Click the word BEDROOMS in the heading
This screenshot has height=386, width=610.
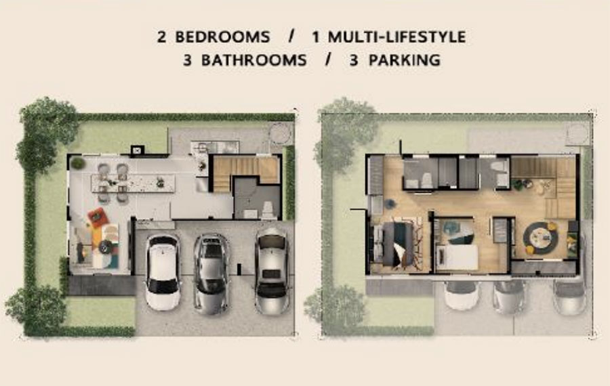click(222, 37)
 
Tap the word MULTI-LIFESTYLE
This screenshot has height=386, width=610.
click(396, 37)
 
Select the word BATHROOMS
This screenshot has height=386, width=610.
click(254, 60)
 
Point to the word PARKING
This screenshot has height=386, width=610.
click(405, 60)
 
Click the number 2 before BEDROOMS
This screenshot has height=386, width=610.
click(162, 37)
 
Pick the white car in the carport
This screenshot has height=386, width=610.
click(163, 272)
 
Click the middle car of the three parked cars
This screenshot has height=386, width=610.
click(211, 274)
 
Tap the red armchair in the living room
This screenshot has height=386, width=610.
click(98, 217)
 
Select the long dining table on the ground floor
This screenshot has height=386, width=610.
click(133, 183)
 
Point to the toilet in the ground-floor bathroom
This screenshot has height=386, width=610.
click(268, 210)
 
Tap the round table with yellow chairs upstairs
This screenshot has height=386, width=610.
click(540, 238)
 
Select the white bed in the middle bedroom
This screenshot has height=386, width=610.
click(457, 257)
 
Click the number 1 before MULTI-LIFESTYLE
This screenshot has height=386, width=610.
click(316, 37)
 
